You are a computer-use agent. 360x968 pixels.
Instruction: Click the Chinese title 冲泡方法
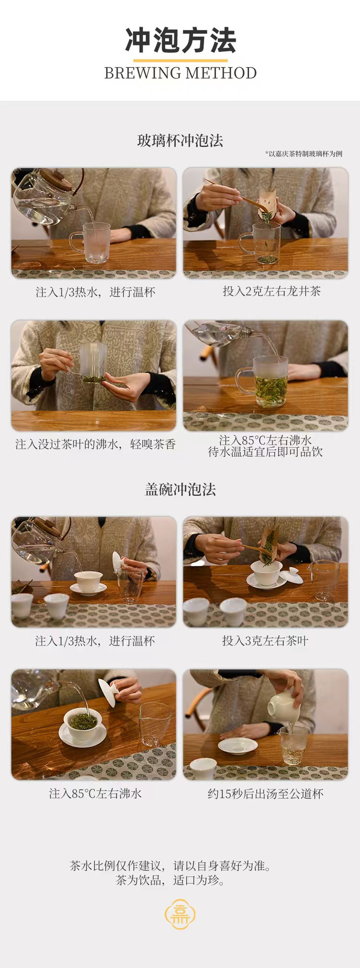tap(180, 40)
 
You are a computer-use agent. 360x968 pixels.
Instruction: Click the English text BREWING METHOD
tap(180, 73)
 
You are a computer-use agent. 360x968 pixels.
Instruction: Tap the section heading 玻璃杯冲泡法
tap(180, 141)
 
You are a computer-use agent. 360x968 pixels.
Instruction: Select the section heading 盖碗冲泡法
tap(180, 489)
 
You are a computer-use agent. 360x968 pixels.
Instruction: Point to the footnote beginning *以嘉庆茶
tap(303, 154)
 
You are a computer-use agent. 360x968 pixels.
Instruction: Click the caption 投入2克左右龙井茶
tap(272, 291)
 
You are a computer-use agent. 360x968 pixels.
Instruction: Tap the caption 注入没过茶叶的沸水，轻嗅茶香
tap(95, 444)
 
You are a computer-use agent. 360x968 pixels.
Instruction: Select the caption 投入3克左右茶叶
tap(265, 641)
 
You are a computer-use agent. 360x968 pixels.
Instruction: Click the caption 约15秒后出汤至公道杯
tap(265, 793)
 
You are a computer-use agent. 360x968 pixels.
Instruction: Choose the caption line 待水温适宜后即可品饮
tap(265, 452)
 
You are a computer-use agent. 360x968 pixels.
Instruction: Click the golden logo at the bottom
tap(180, 914)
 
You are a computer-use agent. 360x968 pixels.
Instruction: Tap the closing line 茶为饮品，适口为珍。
tap(170, 880)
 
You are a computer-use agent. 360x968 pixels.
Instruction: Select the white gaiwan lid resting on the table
tap(291, 575)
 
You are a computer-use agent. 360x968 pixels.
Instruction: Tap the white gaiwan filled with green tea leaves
tap(83, 724)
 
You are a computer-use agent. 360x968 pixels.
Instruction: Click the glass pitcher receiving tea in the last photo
tap(292, 745)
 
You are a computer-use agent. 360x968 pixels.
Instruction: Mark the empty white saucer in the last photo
tap(238, 746)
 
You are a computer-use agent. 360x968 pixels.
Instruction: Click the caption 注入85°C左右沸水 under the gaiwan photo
tap(95, 793)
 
